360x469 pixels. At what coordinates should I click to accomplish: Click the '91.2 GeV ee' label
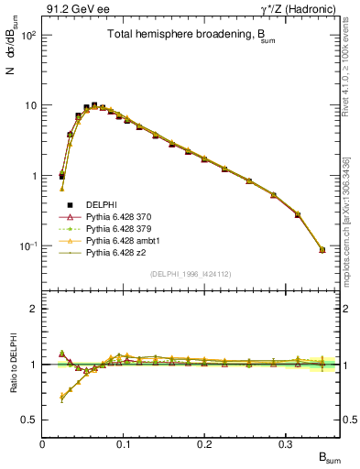click(x=74, y=9)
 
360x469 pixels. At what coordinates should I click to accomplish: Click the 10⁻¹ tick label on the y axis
click(x=27, y=246)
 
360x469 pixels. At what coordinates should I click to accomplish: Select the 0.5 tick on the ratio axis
click(x=31, y=420)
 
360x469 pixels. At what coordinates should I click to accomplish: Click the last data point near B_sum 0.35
click(x=322, y=249)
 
